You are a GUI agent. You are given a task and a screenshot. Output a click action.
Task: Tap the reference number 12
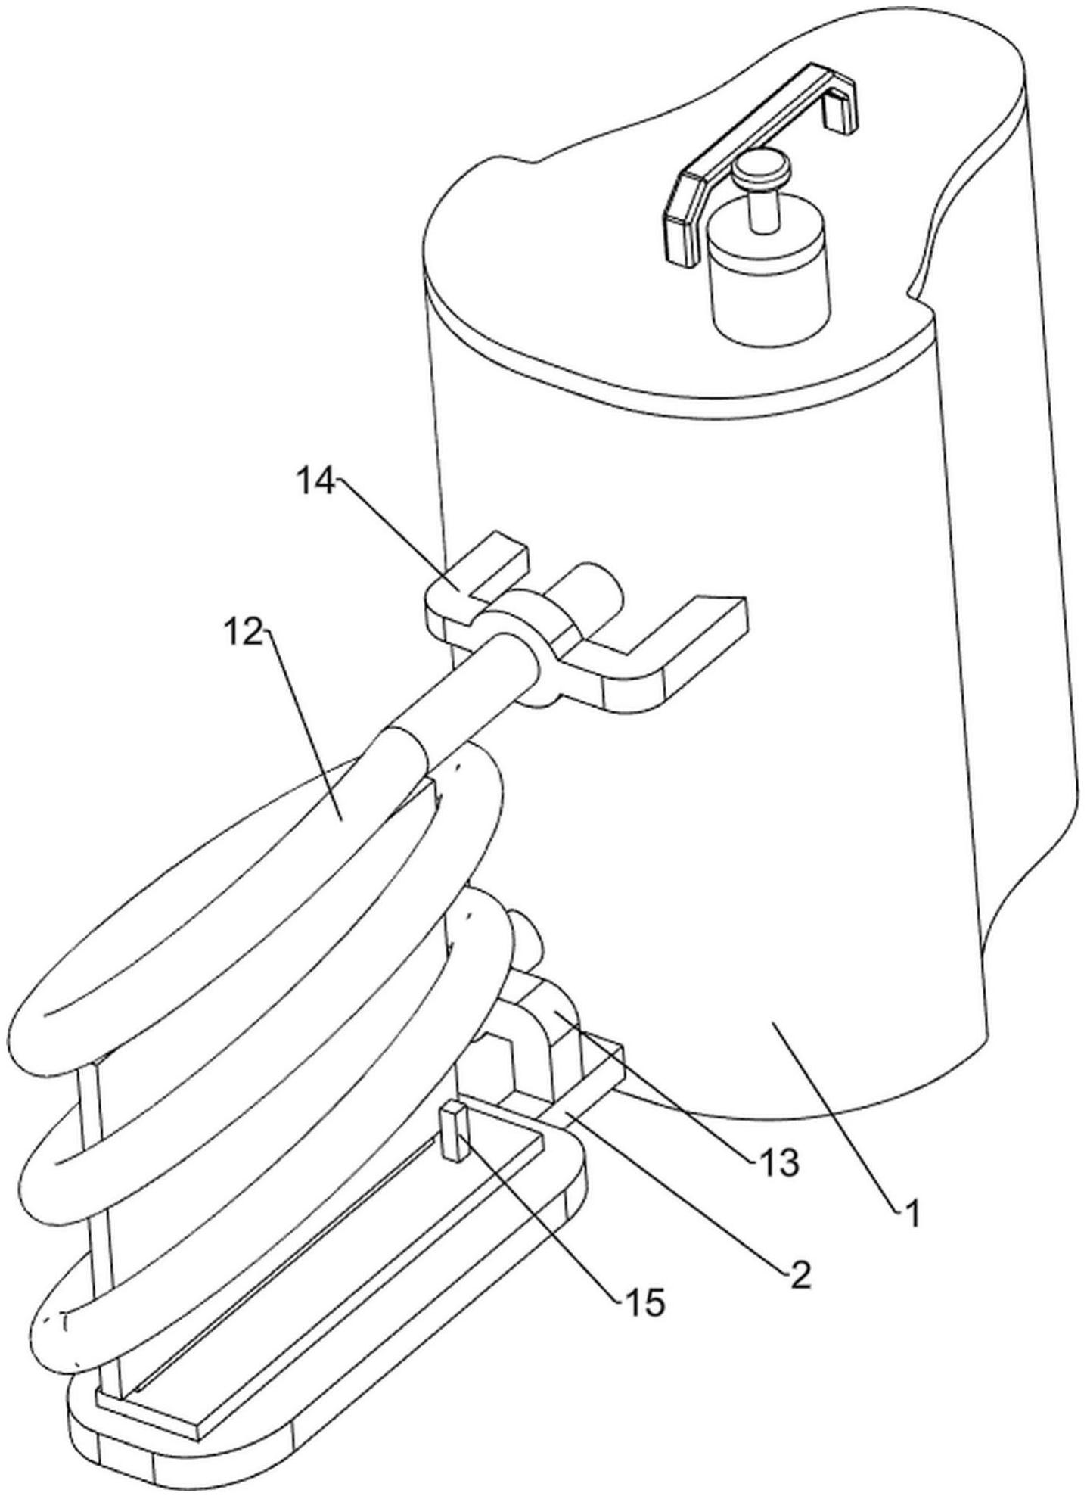point(243,630)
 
